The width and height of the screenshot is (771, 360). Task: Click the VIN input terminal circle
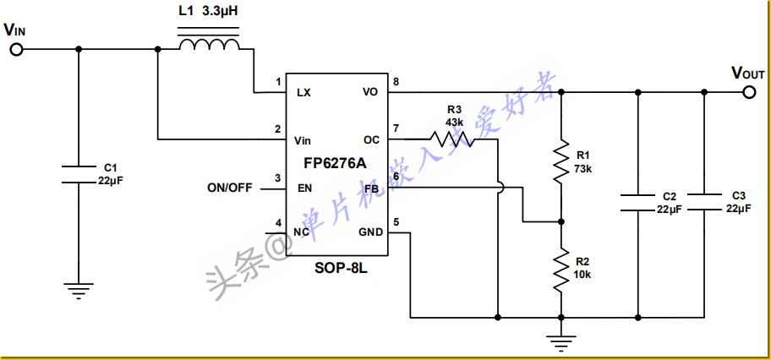[x=17, y=49]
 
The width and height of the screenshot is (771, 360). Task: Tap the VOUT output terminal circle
[x=749, y=92]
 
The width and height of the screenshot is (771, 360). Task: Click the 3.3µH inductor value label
[x=221, y=11]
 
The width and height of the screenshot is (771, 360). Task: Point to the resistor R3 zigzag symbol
[x=452, y=139]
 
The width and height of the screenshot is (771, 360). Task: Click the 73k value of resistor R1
[x=582, y=169]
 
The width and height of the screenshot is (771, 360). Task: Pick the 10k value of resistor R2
[x=582, y=275]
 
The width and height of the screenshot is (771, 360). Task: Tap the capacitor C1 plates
[x=78, y=175]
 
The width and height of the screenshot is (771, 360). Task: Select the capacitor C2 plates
[x=637, y=203]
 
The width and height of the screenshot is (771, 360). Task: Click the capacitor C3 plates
[x=703, y=203]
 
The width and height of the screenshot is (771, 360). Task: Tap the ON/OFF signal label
[x=230, y=188]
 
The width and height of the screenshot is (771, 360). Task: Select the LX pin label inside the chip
[x=303, y=92]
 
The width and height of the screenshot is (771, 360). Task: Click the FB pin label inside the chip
[x=372, y=188]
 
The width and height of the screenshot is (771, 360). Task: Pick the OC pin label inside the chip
[x=372, y=140]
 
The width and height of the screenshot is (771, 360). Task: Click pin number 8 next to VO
[x=396, y=82]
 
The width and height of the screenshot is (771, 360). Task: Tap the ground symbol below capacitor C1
[x=78, y=291]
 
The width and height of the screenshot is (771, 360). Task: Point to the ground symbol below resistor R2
[x=560, y=343]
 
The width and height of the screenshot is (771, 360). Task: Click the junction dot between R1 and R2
[x=560, y=221]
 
